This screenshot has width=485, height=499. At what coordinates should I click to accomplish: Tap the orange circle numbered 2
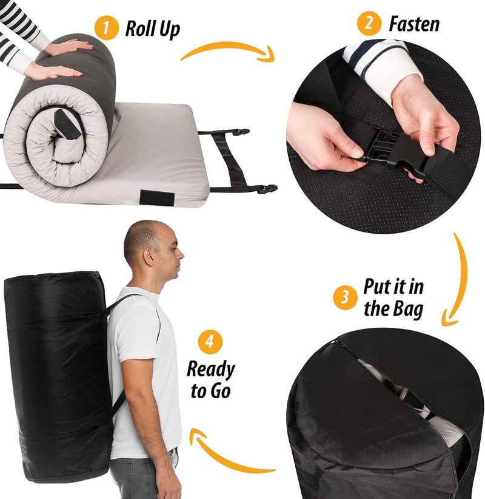[369, 24]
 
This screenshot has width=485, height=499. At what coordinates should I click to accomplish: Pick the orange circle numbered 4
[210, 341]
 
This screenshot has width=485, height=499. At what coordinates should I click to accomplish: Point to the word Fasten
[414, 24]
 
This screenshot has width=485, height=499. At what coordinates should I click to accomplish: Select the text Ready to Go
[210, 379]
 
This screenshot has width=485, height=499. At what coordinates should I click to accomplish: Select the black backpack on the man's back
[58, 376]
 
